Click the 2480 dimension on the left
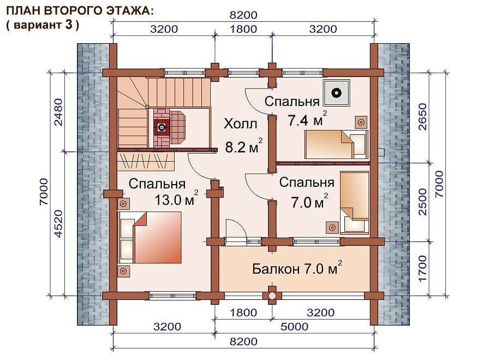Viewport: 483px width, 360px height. [58, 112]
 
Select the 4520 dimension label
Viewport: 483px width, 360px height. [58, 224]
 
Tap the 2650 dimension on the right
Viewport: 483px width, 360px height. [422, 116]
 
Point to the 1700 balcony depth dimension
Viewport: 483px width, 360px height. [422, 268]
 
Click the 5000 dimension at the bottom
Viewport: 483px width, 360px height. [294, 327]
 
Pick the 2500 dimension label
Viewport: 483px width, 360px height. [422, 202]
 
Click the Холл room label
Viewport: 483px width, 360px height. [240, 124]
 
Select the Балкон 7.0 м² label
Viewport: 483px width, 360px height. [297, 268]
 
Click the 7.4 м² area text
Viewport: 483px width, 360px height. [307, 119]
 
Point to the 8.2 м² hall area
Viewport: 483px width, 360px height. [243, 146]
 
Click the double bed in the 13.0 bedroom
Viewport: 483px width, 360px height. [150, 237]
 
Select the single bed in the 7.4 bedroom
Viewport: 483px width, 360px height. [336, 144]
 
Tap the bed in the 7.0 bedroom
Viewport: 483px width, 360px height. [355, 202]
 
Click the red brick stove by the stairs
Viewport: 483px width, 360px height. [162, 127]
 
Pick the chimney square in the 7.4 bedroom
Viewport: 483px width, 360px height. [336, 93]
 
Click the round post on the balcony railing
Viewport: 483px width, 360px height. [272, 296]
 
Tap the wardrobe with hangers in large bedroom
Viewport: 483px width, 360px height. [145, 161]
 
